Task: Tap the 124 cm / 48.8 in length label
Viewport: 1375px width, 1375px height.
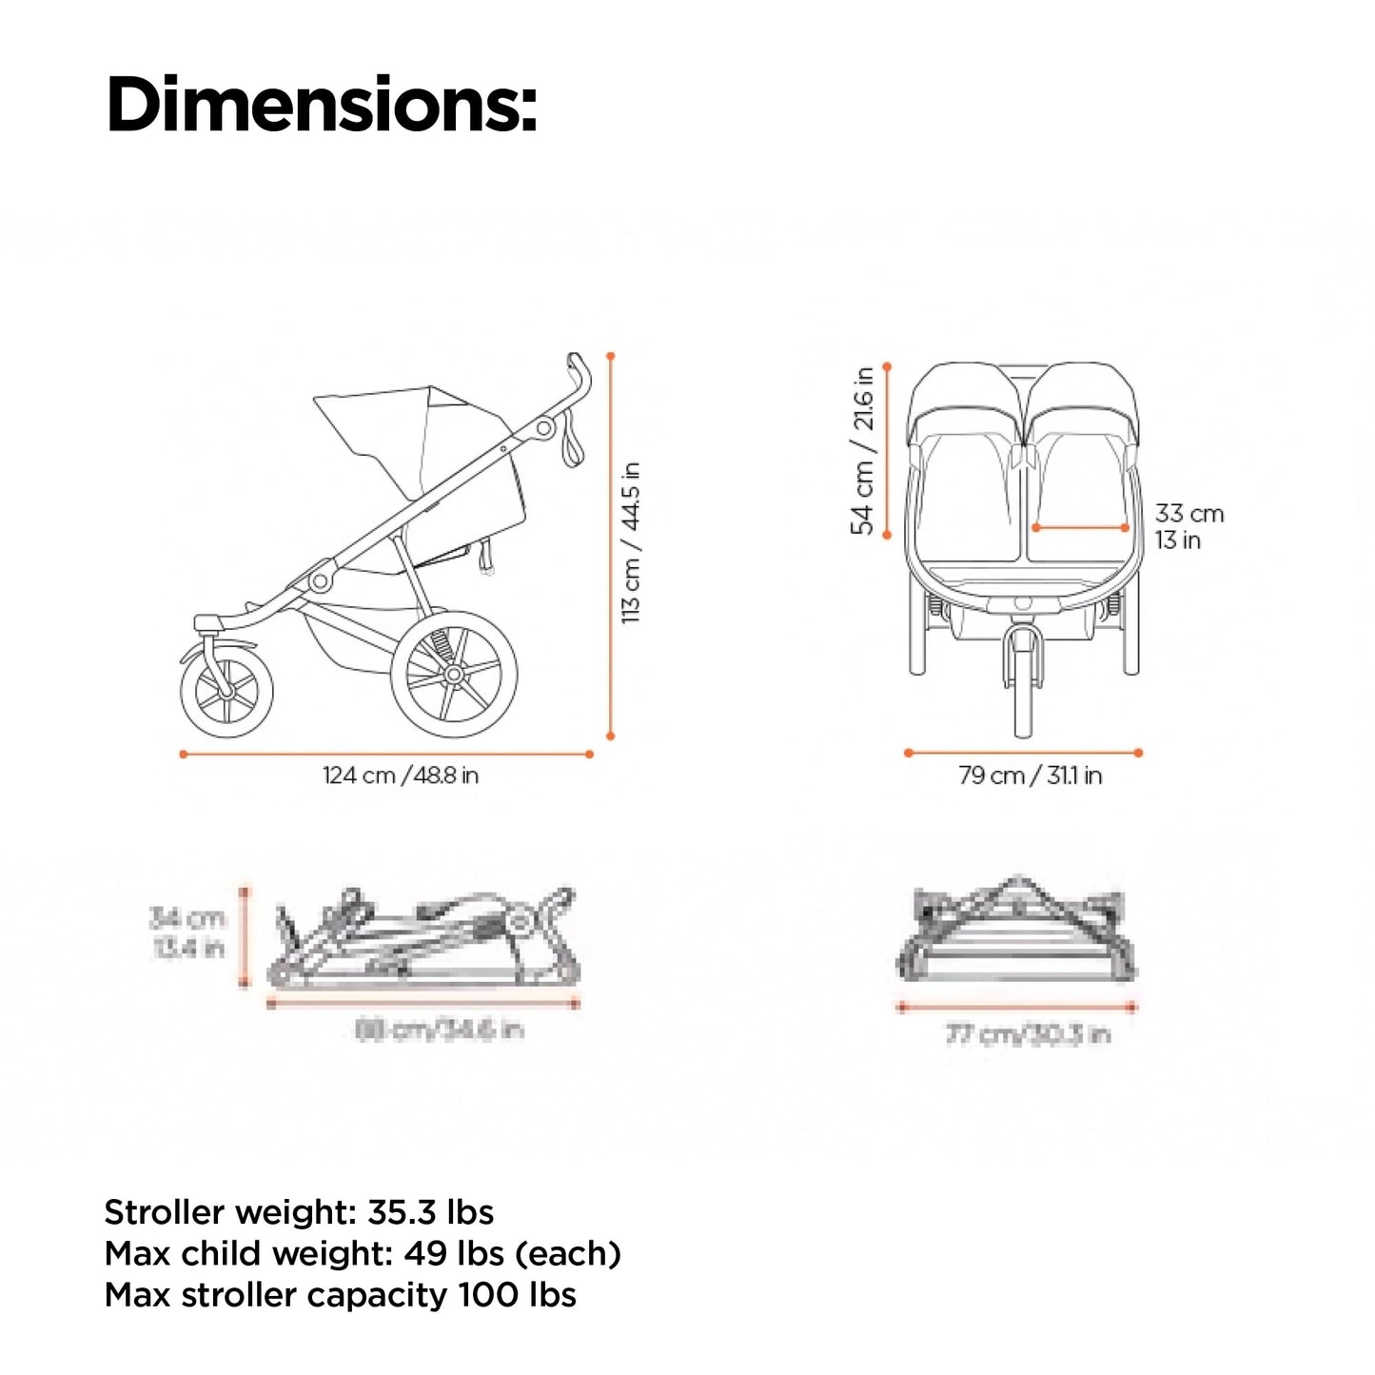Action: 400,776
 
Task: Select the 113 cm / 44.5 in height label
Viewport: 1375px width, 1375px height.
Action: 631,542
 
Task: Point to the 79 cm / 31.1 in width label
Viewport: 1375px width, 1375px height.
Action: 1030,776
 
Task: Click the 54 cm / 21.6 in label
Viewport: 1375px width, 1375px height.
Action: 863,451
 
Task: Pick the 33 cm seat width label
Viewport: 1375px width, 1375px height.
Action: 1188,514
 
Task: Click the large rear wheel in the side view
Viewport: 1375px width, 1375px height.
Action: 454,674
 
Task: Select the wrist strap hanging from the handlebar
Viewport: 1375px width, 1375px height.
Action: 573,442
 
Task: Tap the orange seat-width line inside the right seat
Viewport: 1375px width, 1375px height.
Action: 1079,527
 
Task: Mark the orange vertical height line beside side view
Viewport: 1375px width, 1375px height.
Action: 610,547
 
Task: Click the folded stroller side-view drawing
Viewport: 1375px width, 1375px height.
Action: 423,937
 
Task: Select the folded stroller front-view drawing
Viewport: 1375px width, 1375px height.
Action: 1016,933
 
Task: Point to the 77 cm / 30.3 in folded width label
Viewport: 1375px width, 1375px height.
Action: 1028,1034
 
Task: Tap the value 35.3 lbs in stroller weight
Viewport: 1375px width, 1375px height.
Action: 430,1212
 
